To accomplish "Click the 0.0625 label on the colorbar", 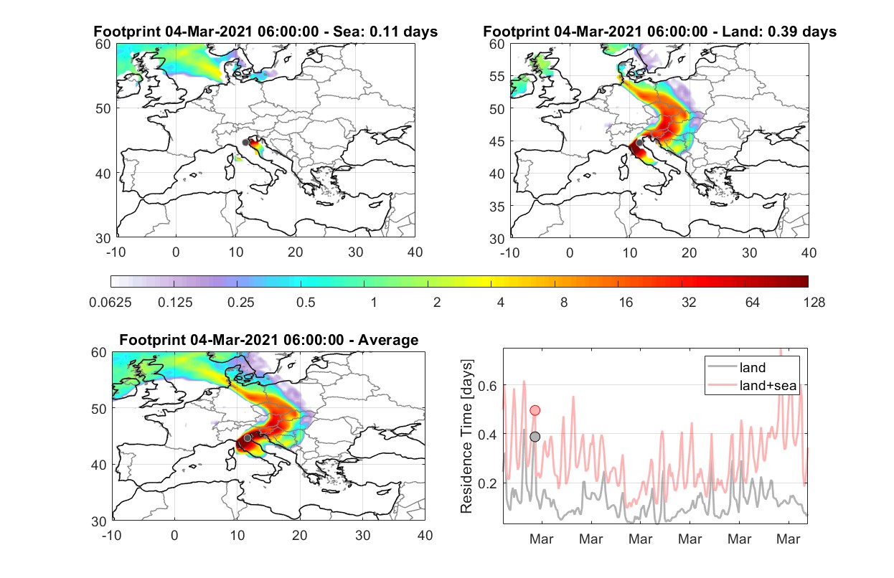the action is pyautogui.click(x=110, y=303).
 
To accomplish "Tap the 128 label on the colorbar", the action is pyautogui.click(x=814, y=303).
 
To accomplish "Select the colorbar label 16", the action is pyautogui.click(x=626, y=303).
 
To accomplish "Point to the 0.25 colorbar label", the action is pyautogui.click(x=240, y=303).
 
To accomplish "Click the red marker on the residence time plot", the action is pyautogui.click(x=535, y=410).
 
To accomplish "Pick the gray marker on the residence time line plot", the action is pyautogui.click(x=535, y=437).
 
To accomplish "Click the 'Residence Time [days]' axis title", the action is pyautogui.click(x=466, y=437).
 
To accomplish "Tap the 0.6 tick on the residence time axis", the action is pyautogui.click(x=488, y=386).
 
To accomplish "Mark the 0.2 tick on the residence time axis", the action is pyautogui.click(x=488, y=483).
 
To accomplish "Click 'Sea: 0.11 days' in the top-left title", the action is pyautogui.click(x=385, y=32).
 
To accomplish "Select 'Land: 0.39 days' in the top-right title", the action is pyautogui.click(x=779, y=32).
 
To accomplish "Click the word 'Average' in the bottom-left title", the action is pyautogui.click(x=388, y=340).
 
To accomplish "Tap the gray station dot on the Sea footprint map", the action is pyautogui.click(x=245, y=143).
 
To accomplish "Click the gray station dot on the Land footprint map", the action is pyautogui.click(x=639, y=143).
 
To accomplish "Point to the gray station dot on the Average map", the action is pyautogui.click(x=248, y=438).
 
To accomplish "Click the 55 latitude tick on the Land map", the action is pyautogui.click(x=497, y=76).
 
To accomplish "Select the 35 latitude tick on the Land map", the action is pyautogui.click(x=497, y=207).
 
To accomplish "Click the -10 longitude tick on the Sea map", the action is pyautogui.click(x=116, y=252).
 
